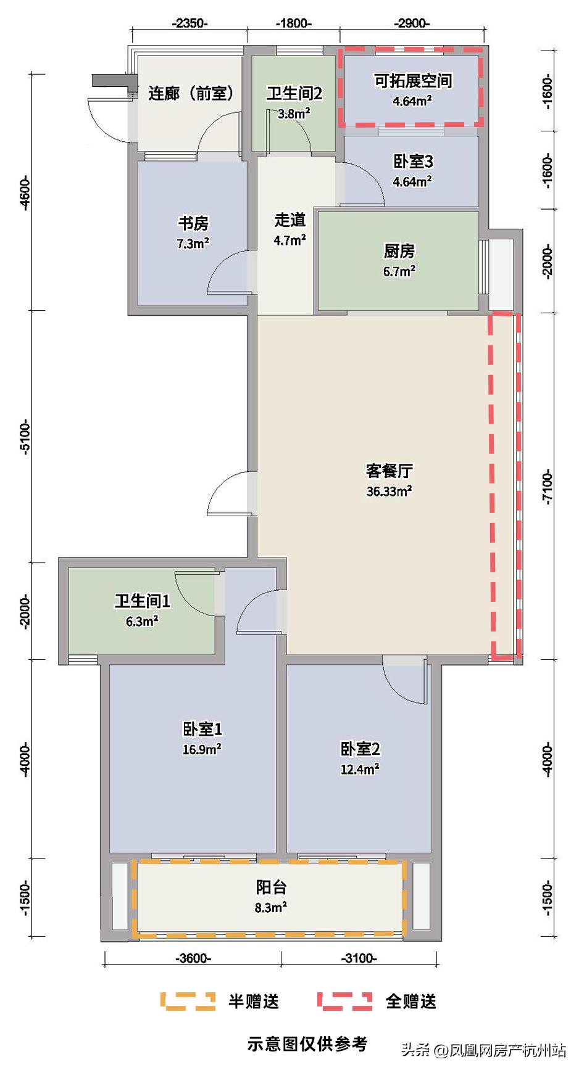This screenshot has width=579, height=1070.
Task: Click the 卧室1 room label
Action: point(202,730)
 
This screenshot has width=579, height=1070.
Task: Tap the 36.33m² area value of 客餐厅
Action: point(389,492)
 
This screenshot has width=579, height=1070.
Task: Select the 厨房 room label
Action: point(399,252)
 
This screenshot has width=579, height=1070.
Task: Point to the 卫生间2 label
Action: point(294,94)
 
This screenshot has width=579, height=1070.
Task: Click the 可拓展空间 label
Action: point(412,81)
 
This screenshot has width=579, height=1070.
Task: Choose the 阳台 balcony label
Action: point(272,887)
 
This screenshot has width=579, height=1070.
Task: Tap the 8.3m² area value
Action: point(272,907)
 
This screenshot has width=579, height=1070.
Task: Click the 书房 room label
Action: point(193,223)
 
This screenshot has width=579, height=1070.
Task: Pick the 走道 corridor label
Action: point(290,220)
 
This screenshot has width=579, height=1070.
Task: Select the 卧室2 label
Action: point(360,749)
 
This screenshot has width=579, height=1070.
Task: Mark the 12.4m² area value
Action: point(360,769)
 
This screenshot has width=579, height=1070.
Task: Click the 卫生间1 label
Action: point(142,601)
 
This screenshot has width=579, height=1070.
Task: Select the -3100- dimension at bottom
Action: point(359,958)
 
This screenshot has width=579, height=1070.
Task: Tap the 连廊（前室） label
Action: point(191,94)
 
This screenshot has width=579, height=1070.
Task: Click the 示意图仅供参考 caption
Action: point(307,1043)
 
